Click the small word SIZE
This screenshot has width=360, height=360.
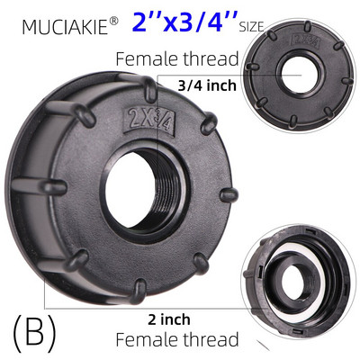pos(251,28)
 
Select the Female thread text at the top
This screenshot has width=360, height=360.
pos(177,59)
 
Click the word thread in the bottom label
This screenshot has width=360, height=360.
pos(211,340)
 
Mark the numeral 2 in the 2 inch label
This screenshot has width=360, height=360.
pos(151,319)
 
